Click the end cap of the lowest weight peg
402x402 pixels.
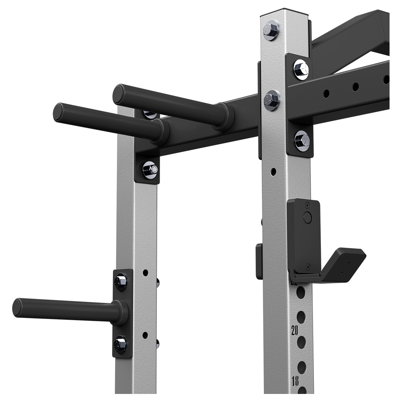pos(16,307)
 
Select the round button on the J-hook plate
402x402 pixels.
pos(306,217)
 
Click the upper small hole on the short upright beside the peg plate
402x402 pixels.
pos(145,272)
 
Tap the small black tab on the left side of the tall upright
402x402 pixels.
pos(259,260)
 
